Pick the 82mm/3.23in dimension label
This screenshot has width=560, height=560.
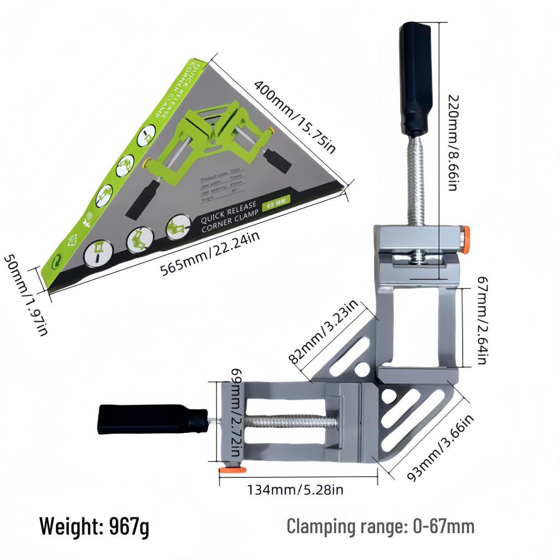[323, 332]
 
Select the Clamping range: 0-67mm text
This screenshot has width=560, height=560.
[381, 527]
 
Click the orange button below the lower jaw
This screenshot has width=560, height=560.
[225, 470]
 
